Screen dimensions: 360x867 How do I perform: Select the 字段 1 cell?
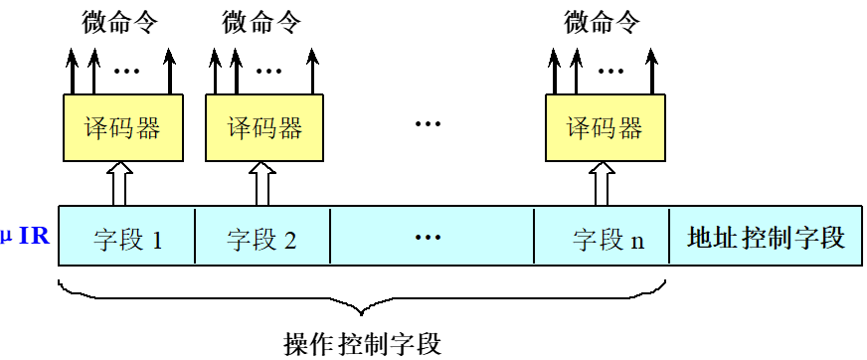[127, 239]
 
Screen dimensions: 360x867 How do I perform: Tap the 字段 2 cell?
[261, 239]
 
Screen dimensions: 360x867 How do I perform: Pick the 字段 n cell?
[602, 239]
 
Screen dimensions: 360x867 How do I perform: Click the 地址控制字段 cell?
[766, 239]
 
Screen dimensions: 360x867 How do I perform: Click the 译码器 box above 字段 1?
[121, 127]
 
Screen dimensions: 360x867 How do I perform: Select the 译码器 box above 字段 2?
[263, 127]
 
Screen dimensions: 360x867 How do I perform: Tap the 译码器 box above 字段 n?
[605, 127]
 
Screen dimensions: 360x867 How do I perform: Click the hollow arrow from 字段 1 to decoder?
[120, 183]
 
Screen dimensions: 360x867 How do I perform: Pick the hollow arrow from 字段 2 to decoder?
[262, 183]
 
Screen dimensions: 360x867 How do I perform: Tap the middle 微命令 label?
[262, 20]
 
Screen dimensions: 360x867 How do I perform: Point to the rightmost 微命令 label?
[604, 20]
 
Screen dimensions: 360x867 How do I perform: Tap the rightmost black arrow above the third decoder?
[652, 70]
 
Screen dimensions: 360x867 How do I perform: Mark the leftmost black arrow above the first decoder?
[73, 70]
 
